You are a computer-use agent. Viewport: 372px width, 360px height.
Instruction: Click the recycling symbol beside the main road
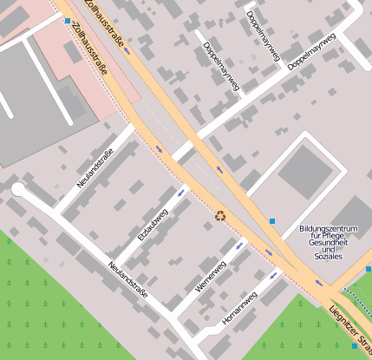click(x=220, y=215)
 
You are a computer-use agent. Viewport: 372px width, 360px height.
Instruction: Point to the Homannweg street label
click(x=239, y=308)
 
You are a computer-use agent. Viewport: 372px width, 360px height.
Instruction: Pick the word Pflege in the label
click(x=334, y=236)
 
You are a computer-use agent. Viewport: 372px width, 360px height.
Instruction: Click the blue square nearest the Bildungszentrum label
click(x=272, y=222)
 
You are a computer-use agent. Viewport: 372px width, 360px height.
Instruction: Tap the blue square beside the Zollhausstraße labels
click(x=68, y=20)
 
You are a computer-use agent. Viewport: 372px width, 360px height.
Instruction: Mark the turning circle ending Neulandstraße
click(x=18, y=189)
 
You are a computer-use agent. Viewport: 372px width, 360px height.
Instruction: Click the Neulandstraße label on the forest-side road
click(x=127, y=279)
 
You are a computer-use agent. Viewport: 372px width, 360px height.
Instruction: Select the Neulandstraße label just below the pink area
click(x=95, y=167)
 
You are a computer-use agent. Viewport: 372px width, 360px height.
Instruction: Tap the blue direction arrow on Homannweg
click(x=274, y=276)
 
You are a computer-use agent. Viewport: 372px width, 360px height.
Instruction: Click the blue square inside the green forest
click(x=354, y=346)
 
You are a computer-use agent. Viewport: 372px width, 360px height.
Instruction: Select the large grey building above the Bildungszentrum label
click(x=303, y=171)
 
